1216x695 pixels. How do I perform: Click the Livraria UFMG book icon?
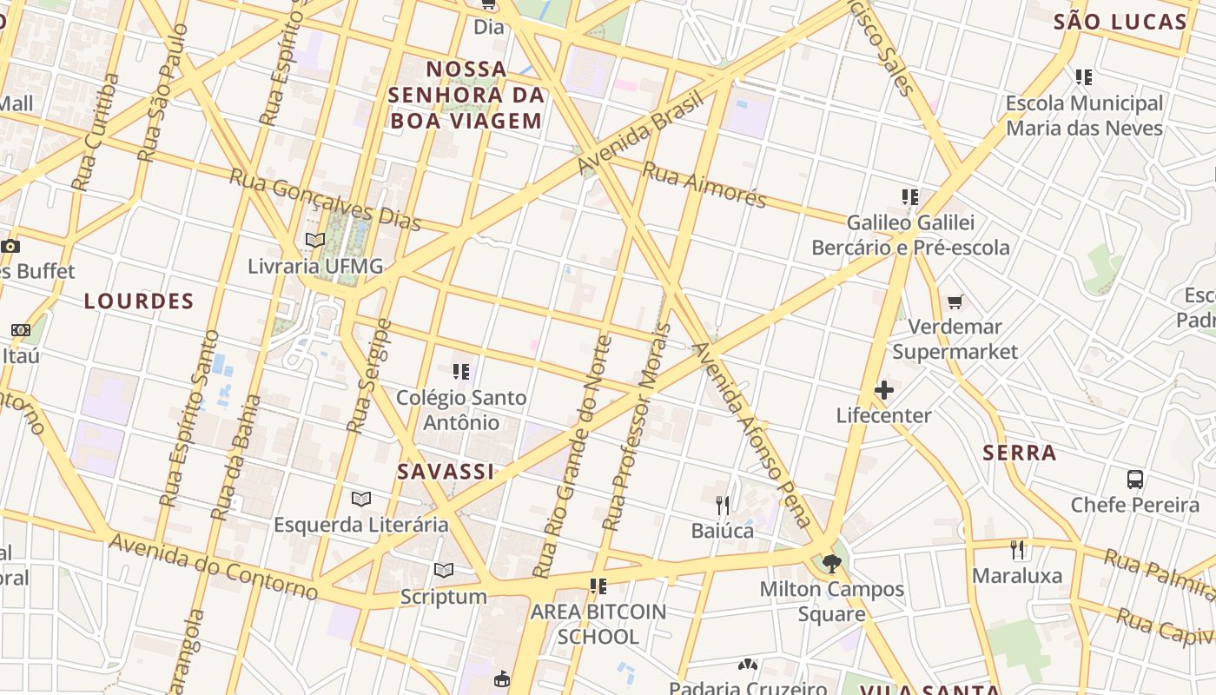coord(315,240)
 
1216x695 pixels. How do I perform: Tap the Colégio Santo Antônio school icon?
coord(461,372)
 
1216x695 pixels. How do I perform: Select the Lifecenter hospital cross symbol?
coord(884,390)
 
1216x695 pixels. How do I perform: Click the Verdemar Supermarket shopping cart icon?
coord(955,301)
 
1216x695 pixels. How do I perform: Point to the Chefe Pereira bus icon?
coord(1134,479)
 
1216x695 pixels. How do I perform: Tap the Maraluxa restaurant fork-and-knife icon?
coord(1018,549)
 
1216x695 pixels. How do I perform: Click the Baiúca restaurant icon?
coord(722,504)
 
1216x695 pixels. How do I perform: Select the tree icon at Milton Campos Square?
coord(831,564)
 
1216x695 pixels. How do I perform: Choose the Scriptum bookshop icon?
coord(444,571)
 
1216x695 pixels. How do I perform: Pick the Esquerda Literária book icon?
coord(361,499)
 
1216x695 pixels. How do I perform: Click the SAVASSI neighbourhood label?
coord(446,472)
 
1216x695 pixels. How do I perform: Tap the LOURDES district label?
coord(139,301)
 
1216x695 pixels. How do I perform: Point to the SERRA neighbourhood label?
coord(1020,453)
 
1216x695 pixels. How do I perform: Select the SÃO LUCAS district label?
coord(1120,23)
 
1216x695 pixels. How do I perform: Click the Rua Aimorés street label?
coord(704,185)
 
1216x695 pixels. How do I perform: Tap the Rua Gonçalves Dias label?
coord(325,200)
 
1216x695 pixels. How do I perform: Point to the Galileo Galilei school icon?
coord(909,197)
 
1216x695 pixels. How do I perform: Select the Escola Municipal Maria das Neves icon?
coord(1083,77)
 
